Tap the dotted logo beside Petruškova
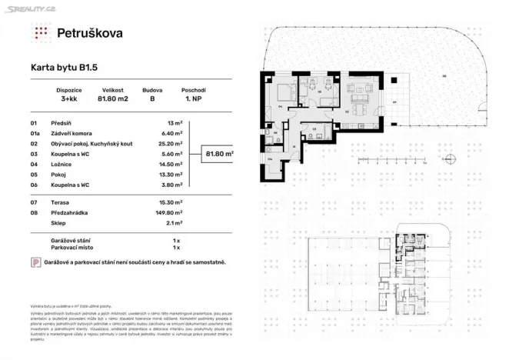tap(41, 32)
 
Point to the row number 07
tap(33, 202)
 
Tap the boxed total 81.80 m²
tap(220, 153)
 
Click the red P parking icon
tap(35, 263)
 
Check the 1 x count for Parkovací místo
tap(176, 248)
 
